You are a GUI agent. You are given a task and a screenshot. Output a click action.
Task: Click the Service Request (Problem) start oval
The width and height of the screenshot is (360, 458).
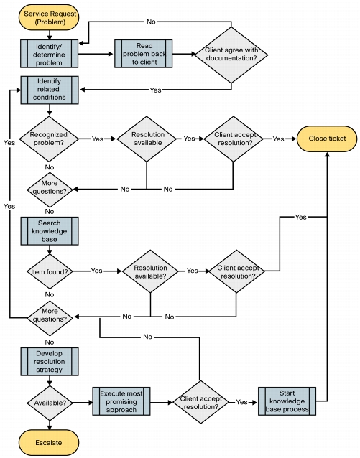49,17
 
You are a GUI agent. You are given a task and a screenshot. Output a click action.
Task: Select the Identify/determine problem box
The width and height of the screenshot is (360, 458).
49,54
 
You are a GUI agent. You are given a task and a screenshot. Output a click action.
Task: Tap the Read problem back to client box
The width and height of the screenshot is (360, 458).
143,54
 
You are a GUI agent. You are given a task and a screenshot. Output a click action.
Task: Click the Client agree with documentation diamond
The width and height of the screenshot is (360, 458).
231,55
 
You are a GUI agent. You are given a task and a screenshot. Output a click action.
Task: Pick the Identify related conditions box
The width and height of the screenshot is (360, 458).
50,90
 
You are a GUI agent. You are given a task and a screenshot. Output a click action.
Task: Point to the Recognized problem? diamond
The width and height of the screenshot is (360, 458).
49,139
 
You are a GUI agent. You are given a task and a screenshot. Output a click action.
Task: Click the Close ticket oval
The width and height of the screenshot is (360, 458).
327,139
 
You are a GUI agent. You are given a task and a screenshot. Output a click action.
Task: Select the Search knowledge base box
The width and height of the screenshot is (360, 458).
50,230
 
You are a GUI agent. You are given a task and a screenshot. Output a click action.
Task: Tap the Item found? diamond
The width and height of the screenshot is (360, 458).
50,271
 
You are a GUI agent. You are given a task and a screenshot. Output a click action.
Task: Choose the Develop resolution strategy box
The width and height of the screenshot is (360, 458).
50,361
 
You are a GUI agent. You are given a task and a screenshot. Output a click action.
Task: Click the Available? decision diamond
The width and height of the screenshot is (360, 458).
50,403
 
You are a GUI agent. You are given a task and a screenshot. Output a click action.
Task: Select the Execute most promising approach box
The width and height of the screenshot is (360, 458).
121,401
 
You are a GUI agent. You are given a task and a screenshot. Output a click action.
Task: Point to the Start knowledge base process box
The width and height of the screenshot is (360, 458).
287,401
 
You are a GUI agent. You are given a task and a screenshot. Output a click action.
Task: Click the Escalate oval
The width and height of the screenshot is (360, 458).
49,442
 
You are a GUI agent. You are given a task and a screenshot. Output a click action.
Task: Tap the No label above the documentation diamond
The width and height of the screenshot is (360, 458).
151,22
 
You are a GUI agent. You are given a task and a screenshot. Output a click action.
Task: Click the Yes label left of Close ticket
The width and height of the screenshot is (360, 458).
278,139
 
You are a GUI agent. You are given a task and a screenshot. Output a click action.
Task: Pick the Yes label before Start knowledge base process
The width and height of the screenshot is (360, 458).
241,402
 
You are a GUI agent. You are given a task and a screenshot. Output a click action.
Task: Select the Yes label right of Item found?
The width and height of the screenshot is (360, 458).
96,271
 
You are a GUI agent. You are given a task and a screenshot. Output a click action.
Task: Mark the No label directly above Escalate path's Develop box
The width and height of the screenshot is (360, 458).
50,342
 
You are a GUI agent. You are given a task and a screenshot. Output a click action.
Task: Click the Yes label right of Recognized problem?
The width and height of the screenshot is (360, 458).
98,139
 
